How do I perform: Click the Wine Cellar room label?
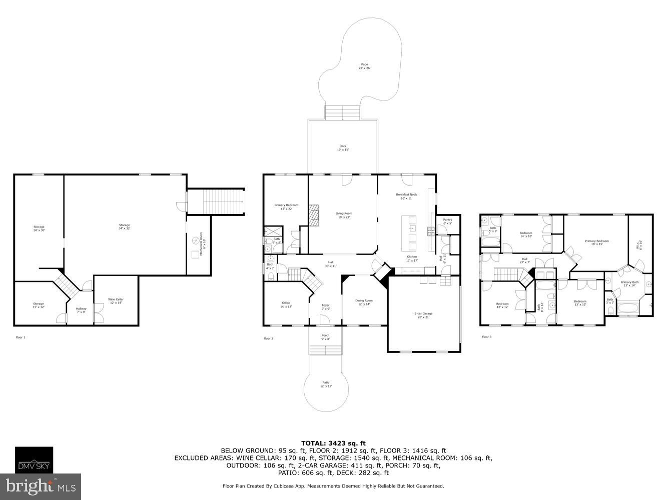[x=116, y=301]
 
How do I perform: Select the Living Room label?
[x=343, y=215]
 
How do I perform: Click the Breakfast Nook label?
[x=406, y=196]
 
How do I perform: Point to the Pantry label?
[x=447, y=221]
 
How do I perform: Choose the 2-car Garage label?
[x=423, y=315]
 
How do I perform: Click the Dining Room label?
[x=364, y=302]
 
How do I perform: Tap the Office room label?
[x=286, y=304]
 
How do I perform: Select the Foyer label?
[x=325, y=306]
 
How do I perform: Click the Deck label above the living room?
[x=343, y=147]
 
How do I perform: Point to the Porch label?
[x=325, y=337]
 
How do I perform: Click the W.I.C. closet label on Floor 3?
[x=639, y=244]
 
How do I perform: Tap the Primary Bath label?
[x=629, y=283]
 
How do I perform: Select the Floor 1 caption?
[x=20, y=337]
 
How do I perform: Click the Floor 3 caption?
[x=486, y=337]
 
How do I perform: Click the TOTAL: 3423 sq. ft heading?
[x=333, y=443]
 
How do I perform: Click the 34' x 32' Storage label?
[x=124, y=226]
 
